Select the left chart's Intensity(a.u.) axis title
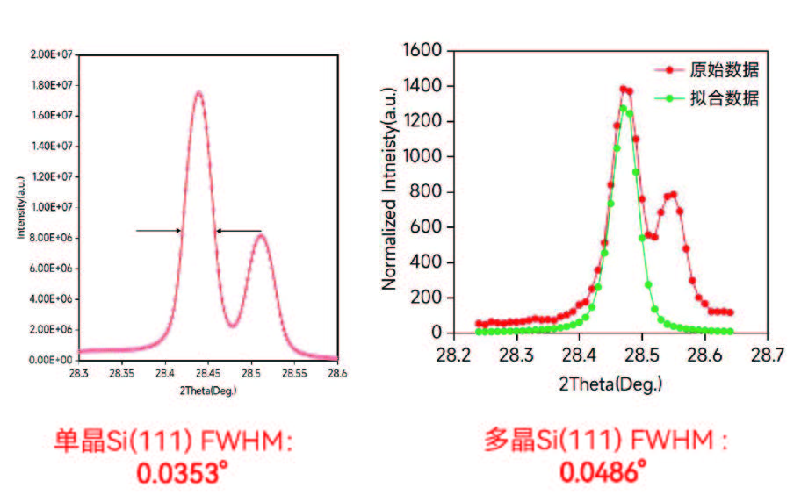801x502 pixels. click(x=19, y=207)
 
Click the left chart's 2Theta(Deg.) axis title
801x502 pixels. click(x=208, y=390)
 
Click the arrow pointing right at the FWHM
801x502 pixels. click(x=159, y=231)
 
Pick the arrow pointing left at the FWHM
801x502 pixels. click(x=239, y=231)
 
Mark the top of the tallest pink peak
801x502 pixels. click(x=199, y=92)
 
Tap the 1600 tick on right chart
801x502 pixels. click(x=424, y=50)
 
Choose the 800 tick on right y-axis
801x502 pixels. click(x=429, y=192)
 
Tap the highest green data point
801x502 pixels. click(x=623, y=109)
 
